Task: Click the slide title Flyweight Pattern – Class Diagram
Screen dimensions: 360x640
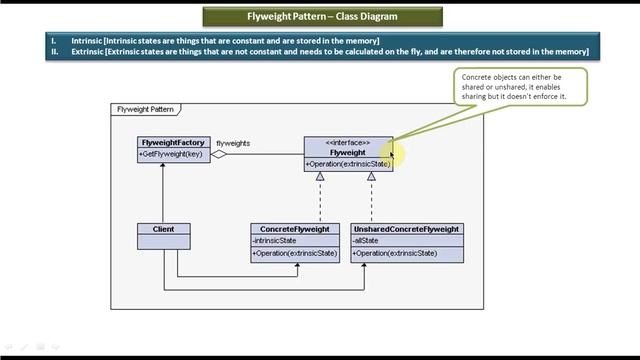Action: (x=320, y=17)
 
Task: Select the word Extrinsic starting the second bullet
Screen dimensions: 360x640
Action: (x=90, y=52)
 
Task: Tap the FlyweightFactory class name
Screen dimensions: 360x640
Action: (x=173, y=142)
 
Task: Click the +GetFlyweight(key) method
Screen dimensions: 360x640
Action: (x=171, y=154)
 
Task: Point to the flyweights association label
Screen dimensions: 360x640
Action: (x=233, y=143)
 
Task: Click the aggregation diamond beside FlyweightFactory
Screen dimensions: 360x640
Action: (x=218, y=154)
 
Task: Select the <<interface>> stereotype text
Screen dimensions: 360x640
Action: (x=348, y=142)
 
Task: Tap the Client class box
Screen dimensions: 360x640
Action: (x=163, y=236)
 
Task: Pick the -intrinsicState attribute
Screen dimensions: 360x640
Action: (x=276, y=241)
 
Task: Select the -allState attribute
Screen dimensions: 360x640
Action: (x=366, y=241)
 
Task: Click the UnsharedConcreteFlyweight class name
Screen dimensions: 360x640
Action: (x=407, y=229)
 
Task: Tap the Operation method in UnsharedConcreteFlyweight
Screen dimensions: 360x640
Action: (x=396, y=253)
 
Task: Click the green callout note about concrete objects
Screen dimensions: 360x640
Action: (x=519, y=86)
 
